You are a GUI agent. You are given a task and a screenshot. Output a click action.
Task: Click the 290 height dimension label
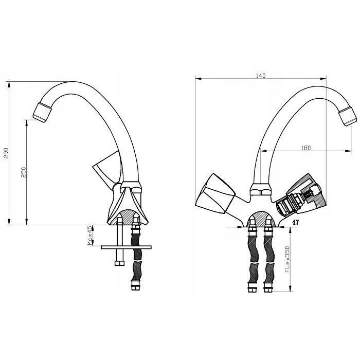[x=6, y=153]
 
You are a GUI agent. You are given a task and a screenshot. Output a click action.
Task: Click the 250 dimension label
[x=24, y=172]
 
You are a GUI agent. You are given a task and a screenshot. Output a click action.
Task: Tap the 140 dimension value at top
[x=261, y=76]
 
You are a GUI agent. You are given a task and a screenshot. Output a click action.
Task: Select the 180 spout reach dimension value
[x=306, y=148]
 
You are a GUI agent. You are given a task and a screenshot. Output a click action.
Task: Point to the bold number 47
[x=296, y=222]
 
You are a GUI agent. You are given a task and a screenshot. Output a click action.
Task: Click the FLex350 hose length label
[x=287, y=259]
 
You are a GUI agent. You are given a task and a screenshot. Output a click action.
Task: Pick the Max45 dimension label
[x=90, y=236]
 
